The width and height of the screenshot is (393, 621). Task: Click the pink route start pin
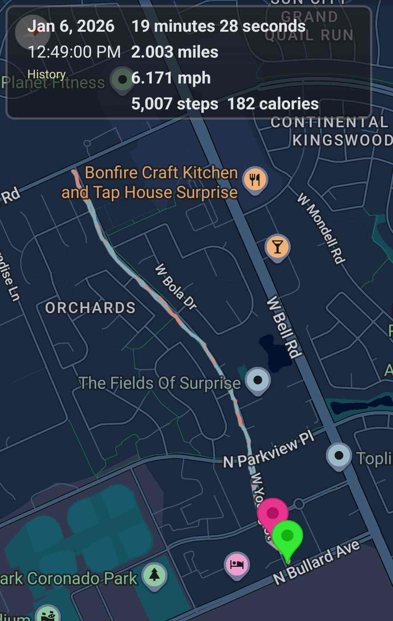point(273,513)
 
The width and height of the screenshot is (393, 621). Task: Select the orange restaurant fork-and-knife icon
point(255,179)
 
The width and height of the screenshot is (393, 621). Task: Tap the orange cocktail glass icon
point(277,247)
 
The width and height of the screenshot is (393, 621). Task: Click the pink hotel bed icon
point(237,565)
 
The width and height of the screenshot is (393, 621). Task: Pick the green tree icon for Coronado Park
point(155,575)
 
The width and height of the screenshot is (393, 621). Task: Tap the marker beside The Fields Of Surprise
point(258,380)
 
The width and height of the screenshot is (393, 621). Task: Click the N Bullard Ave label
point(317,562)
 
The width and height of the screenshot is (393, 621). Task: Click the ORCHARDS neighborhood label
point(90,308)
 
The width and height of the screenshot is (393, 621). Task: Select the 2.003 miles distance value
point(175,52)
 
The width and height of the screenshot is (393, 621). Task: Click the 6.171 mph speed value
point(171,78)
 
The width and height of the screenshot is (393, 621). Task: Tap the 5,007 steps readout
point(175,104)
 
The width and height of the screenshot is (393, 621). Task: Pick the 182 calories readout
point(273,104)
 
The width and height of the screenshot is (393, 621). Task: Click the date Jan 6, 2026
point(71,26)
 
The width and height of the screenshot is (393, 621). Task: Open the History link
point(47,74)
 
